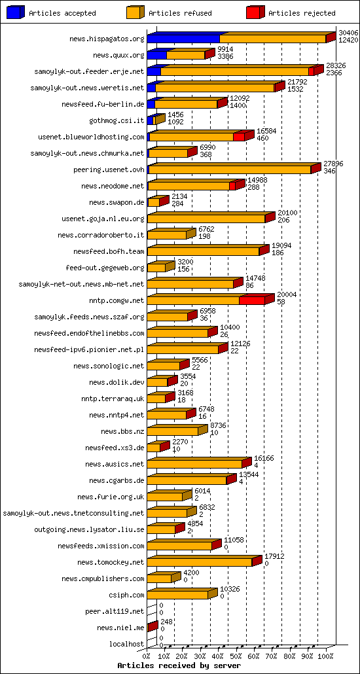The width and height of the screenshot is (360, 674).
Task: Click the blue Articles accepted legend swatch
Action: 15,12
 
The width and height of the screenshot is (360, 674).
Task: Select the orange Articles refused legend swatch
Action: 135,12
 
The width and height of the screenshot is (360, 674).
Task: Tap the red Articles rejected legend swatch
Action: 255,12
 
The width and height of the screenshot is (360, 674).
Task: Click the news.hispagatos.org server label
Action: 107,39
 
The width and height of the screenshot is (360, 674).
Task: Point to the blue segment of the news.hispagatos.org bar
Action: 183,39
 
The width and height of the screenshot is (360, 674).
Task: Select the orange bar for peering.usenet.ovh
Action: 229,170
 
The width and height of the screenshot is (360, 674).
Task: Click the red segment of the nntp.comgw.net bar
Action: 252,300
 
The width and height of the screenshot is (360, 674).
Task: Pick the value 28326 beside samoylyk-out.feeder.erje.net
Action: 334,65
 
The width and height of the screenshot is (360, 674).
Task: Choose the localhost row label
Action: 126,644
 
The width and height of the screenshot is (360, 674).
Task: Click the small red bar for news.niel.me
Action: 151,628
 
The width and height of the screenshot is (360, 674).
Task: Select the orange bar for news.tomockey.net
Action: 199,562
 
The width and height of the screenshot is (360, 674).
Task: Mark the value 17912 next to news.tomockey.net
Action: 274,556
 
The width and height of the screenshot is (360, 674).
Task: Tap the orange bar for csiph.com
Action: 177,595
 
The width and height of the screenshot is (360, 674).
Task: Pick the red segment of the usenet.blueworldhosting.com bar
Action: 239,137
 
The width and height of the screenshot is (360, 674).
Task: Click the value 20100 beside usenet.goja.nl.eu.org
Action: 287,213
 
